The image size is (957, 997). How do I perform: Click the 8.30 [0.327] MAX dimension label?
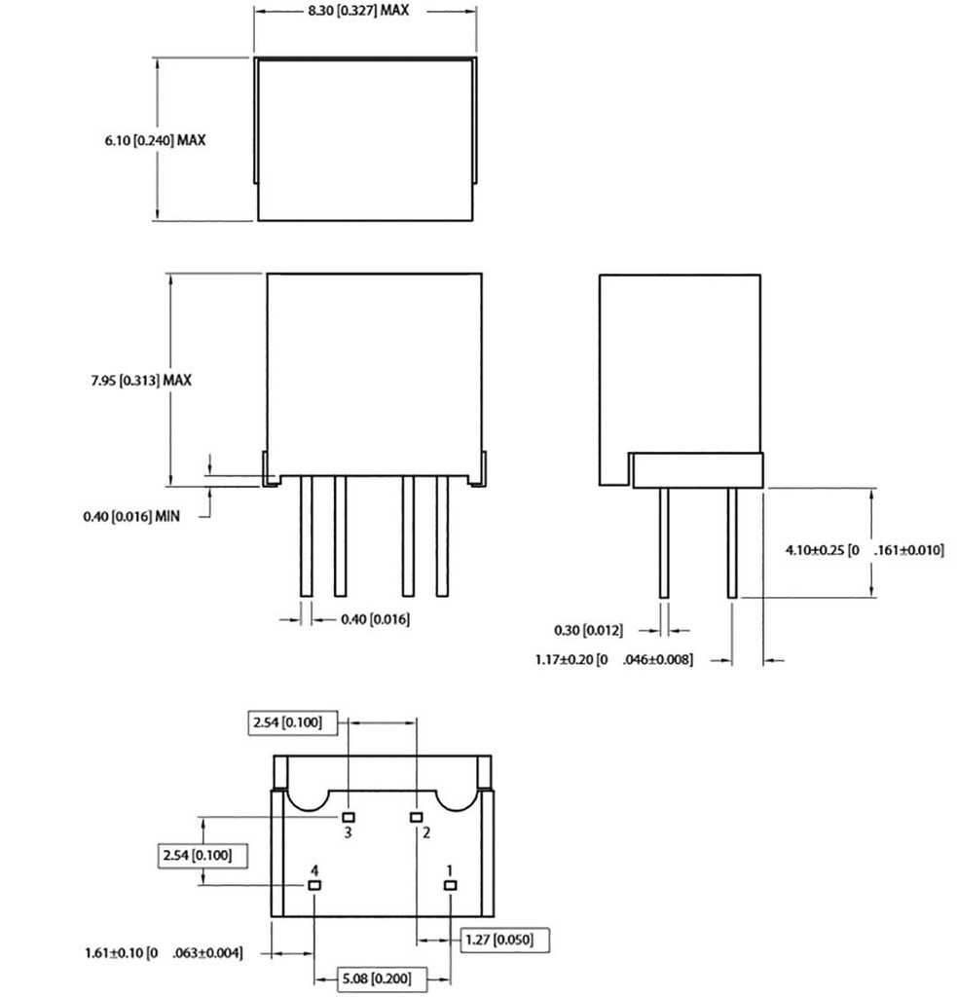click(x=365, y=11)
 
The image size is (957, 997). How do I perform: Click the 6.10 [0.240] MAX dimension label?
click(x=156, y=140)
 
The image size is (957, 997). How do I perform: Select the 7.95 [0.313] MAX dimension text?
click(x=135, y=380)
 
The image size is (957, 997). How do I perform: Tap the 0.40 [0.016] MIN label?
click(x=131, y=516)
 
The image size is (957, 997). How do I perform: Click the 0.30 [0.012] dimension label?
click(x=588, y=630)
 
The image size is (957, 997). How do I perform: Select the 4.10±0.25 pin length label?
click(x=865, y=550)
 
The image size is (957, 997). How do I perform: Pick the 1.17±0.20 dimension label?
click(x=613, y=660)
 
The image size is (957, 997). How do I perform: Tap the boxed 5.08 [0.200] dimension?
click(x=376, y=979)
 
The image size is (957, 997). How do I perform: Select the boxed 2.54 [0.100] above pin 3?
click(x=295, y=723)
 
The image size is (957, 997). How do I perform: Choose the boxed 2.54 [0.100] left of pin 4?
click(x=201, y=855)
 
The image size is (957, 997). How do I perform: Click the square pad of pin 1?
click(x=450, y=885)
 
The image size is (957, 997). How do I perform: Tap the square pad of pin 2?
click(x=416, y=816)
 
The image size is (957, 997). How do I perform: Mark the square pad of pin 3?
click(x=348, y=816)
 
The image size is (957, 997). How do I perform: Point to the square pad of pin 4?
click(x=313, y=885)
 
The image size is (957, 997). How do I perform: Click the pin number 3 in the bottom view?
click(x=348, y=832)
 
